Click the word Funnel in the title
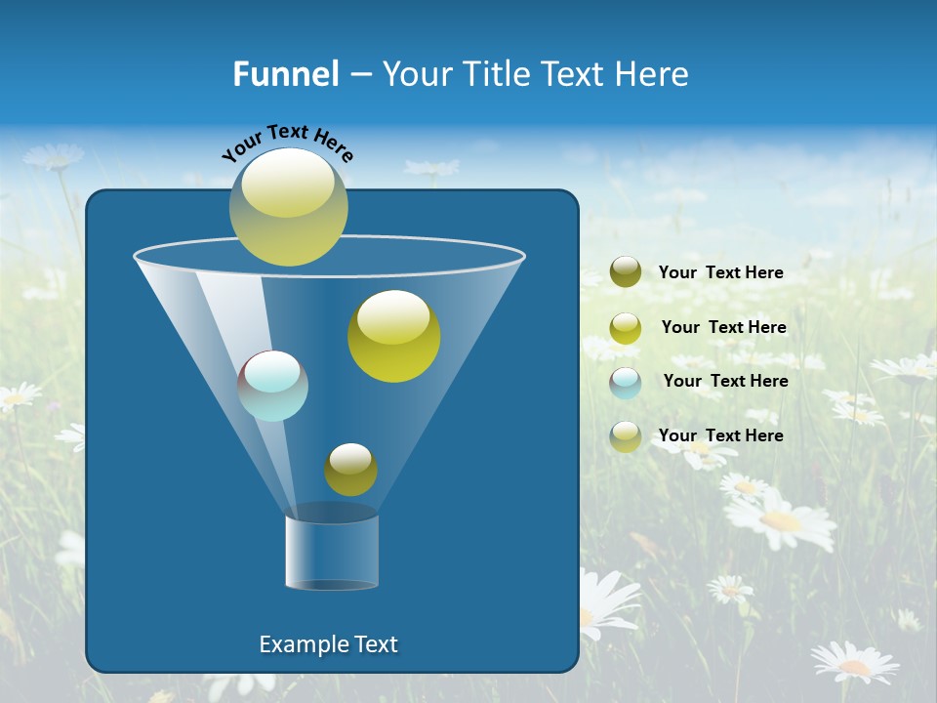coord(286,74)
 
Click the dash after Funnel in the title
coord(360,75)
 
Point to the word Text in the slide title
coord(582,74)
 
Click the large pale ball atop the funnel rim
coord(289,207)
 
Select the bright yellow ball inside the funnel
coord(393,336)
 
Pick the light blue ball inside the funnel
coord(273,386)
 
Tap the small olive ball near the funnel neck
coord(350,470)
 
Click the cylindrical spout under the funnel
coord(331,552)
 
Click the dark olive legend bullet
coord(626,272)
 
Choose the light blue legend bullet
coord(626,382)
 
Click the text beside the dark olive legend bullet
coord(720,272)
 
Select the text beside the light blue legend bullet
coord(725,381)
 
